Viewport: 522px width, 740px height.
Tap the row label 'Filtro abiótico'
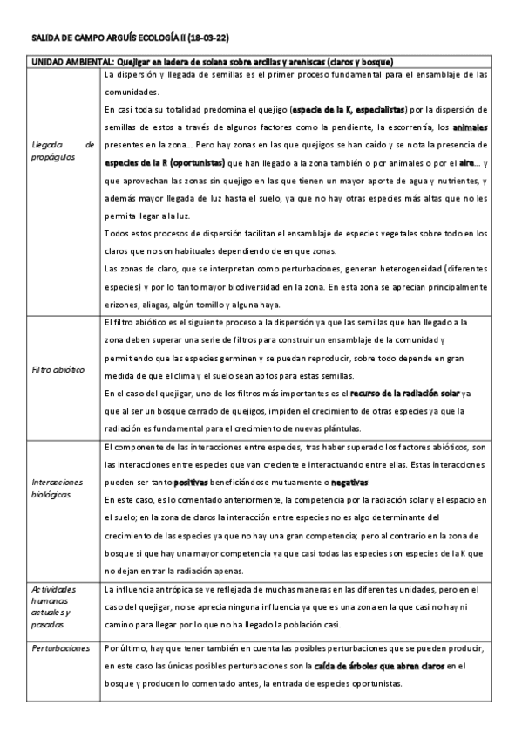[57, 370]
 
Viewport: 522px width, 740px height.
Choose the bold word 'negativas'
[346, 482]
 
